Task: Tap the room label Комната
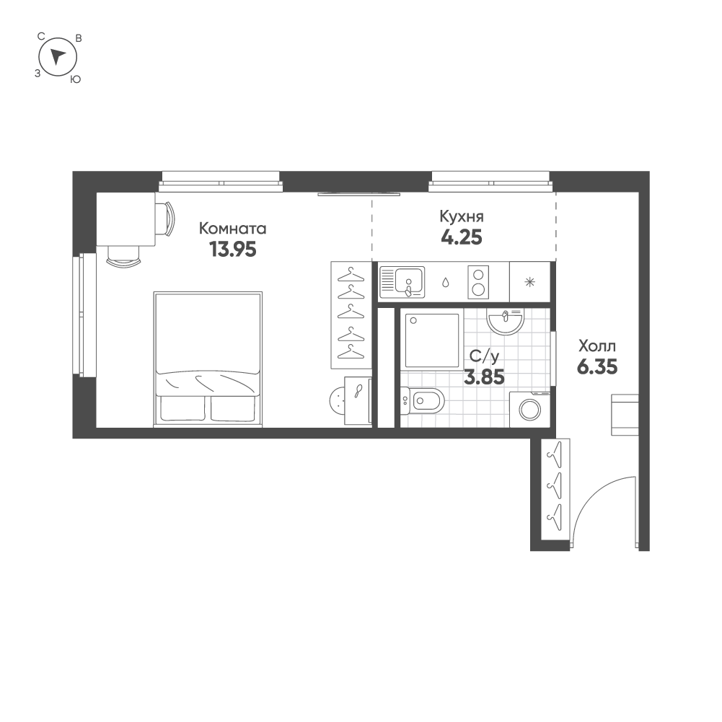tap(232, 229)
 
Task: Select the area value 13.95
tap(232, 250)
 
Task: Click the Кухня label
tap(462, 216)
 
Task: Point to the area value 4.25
tap(462, 237)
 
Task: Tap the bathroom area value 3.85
tap(483, 376)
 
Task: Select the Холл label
tap(596, 346)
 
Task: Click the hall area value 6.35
tap(596, 367)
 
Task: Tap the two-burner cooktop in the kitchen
tap(478, 281)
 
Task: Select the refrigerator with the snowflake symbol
tap(530, 281)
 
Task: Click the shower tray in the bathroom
tap(431, 340)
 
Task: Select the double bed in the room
tap(207, 358)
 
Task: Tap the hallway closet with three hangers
tap(555, 490)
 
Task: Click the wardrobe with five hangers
tap(351, 313)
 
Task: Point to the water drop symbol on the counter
tap(446, 282)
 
